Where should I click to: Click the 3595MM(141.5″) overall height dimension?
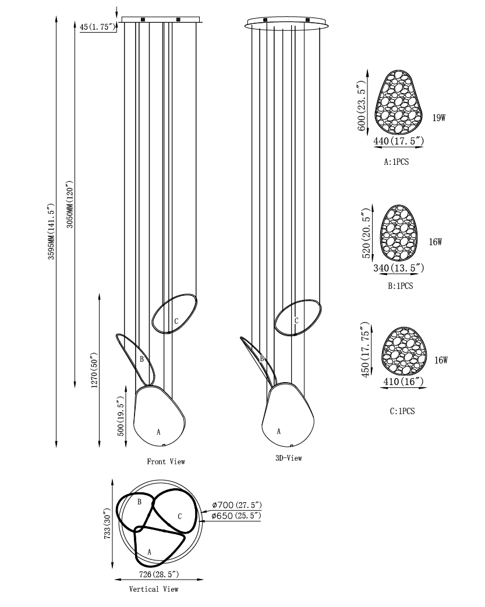(51, 231)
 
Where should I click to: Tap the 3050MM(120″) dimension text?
(70, 204)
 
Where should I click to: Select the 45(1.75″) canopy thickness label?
(98, 27)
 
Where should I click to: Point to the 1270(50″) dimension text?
(94, 370)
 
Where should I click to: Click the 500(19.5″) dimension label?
(121, 417)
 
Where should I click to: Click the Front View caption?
(166, 461)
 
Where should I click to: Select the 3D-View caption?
(288, 458)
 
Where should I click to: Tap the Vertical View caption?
(154, 589)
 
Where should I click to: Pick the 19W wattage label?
(439, 118)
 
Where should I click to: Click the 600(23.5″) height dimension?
(361, 105)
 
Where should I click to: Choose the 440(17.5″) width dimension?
(398, 142)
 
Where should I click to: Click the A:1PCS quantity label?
(396, 162)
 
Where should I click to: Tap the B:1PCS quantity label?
(400, 286)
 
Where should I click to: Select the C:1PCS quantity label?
(402, 411)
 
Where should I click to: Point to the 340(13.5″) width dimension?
(399, 268)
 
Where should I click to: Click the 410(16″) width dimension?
(403, 382)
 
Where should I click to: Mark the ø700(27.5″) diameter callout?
(237, 505)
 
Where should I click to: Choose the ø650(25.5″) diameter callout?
(236, 516)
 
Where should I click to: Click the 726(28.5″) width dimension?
(159, 574)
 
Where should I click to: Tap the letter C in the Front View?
(176, 322)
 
